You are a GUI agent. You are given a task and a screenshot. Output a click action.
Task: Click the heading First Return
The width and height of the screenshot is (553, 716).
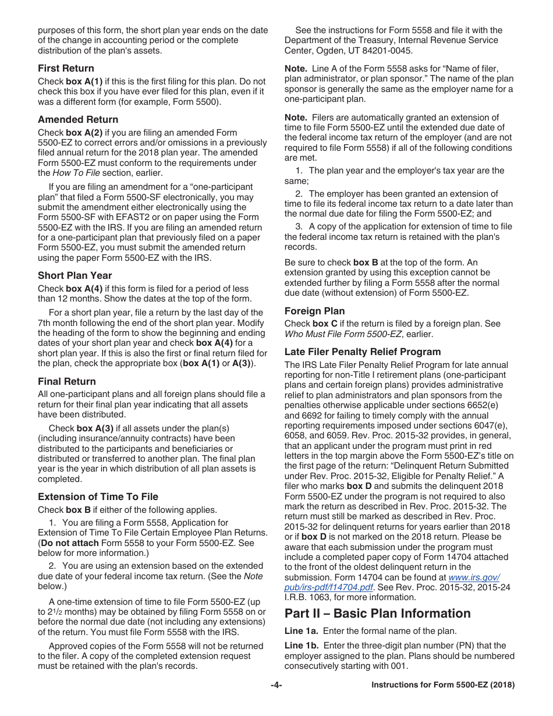pos(66,68)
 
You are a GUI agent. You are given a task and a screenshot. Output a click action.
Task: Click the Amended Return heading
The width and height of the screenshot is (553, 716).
pos(78,119)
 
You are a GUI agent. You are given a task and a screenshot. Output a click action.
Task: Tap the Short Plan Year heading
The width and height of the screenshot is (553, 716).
pos(75,275)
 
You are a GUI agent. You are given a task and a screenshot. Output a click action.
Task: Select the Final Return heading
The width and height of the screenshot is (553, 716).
pos(67,381)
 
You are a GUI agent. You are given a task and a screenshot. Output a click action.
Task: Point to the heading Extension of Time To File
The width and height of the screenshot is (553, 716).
pos(98,497)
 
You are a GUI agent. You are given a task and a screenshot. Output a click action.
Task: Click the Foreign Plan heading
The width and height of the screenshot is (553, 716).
pos(314,311)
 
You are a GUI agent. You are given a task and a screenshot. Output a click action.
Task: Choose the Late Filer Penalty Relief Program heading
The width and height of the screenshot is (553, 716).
pos(363,352)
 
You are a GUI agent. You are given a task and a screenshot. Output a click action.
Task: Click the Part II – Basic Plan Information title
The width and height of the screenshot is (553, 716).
pos(377,614)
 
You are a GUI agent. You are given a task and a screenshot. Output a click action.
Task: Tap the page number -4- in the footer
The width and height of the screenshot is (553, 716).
pos(276,685)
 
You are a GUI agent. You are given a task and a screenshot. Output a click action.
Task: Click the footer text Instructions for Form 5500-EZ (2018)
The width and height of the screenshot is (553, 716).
pos(443,685)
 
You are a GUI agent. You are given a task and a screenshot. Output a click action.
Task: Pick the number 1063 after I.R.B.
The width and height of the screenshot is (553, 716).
pos(320,597)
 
